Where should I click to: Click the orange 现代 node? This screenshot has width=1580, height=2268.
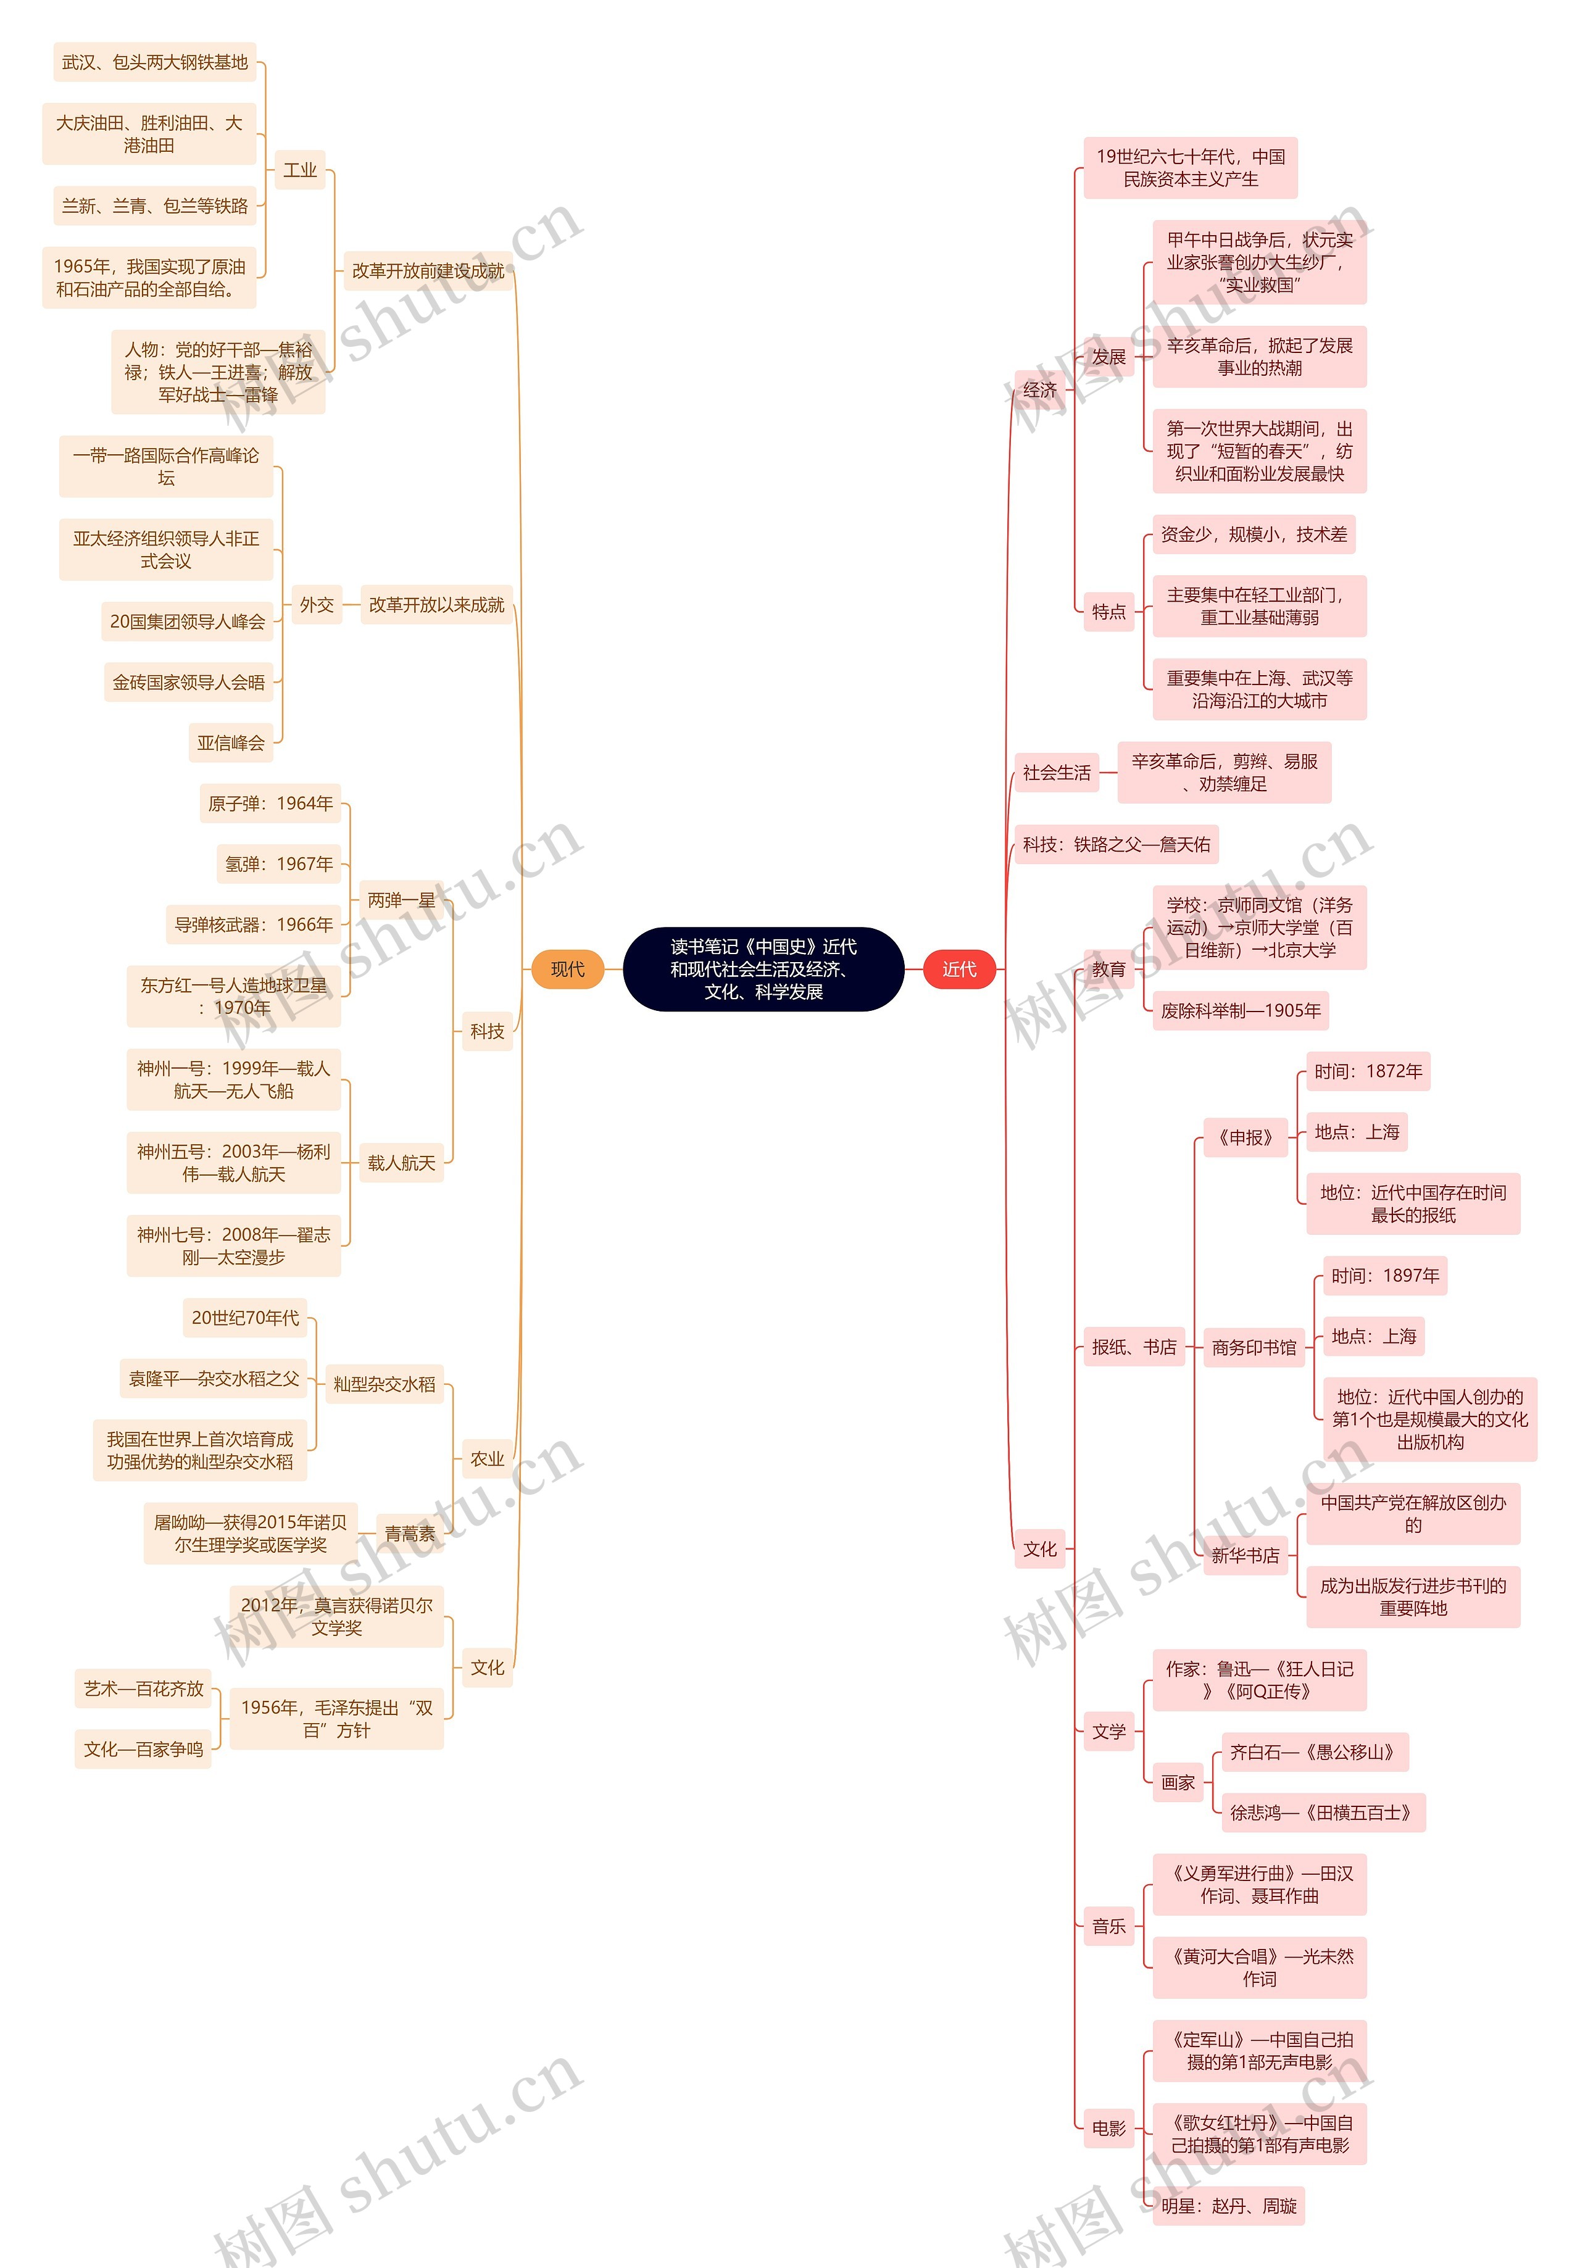click(567, 969)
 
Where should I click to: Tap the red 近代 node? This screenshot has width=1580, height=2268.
click(958, 969)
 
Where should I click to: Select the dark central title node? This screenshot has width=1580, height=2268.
click(763, 969)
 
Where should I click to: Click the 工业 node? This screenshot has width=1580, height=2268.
click(301, 170)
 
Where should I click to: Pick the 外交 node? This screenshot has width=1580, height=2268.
click(316, 605)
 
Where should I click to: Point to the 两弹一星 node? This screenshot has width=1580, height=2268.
click(401, 900)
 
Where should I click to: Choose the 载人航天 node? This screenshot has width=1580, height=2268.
click(401, 1163)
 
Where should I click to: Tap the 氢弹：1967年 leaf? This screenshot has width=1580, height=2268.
click(278, 863)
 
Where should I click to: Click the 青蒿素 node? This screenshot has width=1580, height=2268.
click(409, 1533)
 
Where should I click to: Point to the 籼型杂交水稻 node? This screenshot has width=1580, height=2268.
click(385, 1384)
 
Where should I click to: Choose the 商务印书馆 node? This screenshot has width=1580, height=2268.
click(1254, 1347)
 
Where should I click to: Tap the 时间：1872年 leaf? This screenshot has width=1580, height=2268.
click(1368, 1071)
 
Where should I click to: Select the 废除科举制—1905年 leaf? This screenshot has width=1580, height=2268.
click(1241, 1010)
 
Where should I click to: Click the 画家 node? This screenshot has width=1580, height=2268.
click(1178, 1782)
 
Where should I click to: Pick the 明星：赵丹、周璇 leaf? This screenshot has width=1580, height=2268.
click(1228, 2206)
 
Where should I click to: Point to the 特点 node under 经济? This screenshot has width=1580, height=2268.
click(1108, 612)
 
